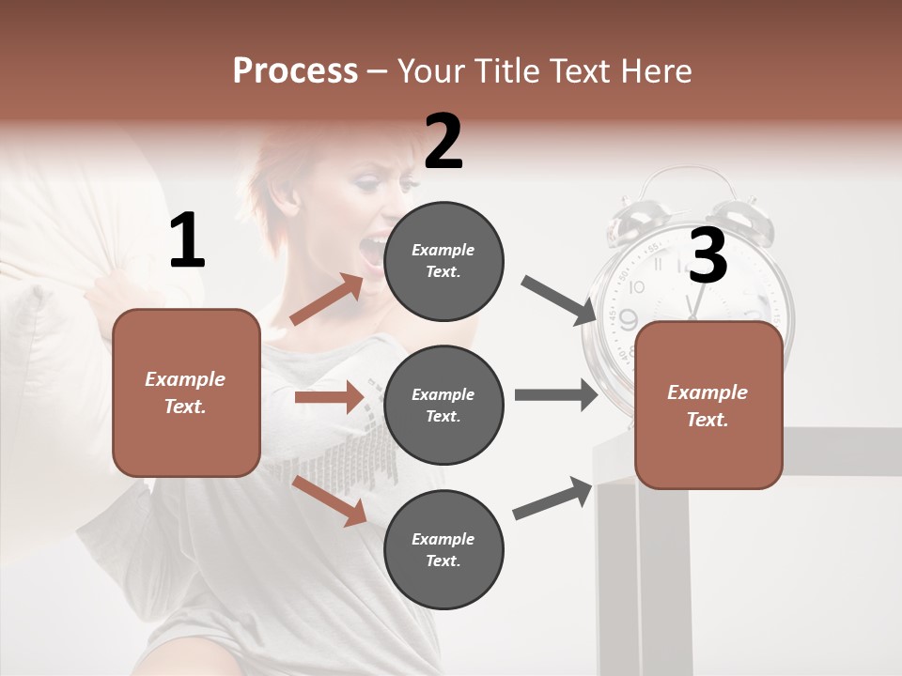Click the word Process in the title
click(295, 71)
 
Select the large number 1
click(187, 241)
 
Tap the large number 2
click(443, 142)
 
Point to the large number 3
click(708, 256)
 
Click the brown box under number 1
click(186, 392)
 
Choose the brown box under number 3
click(708, 405)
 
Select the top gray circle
click(443, 260)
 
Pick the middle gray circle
click(443, 405)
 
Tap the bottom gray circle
click(443, 549)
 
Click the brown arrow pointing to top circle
click(327, 300)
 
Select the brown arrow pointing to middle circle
click(329, 397)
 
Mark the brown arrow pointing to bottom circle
click(329, 500)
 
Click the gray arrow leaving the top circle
click(559, 301)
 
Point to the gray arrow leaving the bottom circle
click(552, 499)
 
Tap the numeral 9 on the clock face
click(628, 320)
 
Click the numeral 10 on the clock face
click(637, 286)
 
